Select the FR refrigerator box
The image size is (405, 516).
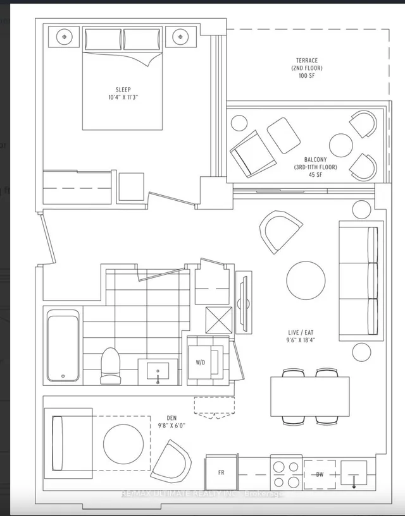pyautogui.click(x=220, y=472)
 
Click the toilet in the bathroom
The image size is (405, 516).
pyautogui.click(x=111, y=366)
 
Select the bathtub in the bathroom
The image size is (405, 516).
pyautogui.click(x=63, y=345)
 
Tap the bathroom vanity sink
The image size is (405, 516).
pyautogui.click(x=158, y=370)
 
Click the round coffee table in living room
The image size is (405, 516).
pyautogui.click(x=306, y=280)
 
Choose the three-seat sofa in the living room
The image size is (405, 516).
pyautogui.click(x=359, y=280)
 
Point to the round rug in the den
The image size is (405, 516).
pyautogui.click(x=123, y=443)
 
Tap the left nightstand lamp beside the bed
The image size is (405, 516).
pyautogui.click(x=66, y=37)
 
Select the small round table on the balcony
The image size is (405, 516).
pyautogui.click(x=340, y=145)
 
